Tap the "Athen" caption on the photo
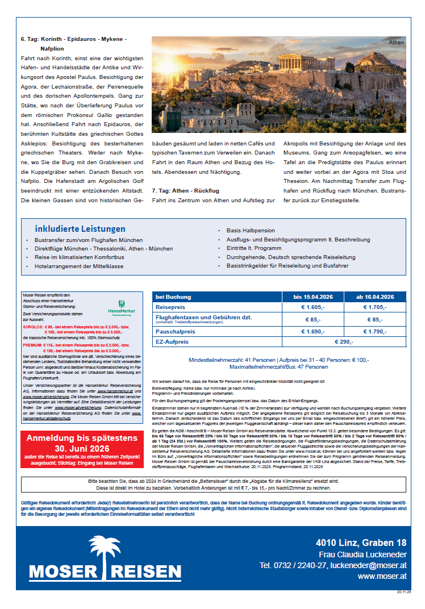[396, 43]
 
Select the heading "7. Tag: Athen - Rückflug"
[185, 190]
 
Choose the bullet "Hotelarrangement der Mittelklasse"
[79, 265]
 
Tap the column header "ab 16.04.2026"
[374, 297]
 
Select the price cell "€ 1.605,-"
[312, 307]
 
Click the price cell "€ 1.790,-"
[374, 331]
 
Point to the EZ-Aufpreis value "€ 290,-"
[343, 341]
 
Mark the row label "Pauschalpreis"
[175, 331]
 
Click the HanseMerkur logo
[121, 307]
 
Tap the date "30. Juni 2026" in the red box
[81, 448]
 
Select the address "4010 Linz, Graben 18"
[361, 543]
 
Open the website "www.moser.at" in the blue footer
[382, 576]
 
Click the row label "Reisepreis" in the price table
[170, 307]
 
